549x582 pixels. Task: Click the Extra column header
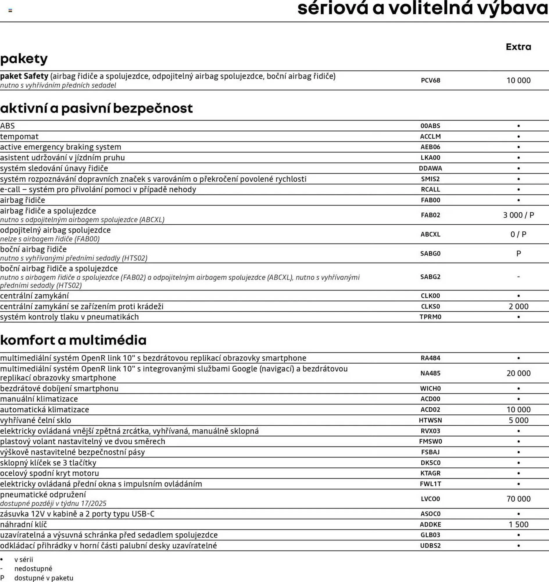coord(518,47)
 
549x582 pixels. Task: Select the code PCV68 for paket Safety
coord(430,80)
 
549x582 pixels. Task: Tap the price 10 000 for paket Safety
coord(518,80)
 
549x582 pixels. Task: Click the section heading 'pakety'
coord(24,59)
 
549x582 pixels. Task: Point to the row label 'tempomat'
coord(19,136)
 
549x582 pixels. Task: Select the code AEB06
coord(430,147)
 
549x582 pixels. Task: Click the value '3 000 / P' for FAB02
coord(518,215)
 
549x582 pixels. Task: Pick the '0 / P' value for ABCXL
coord(518,235)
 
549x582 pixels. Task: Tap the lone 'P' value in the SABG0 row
coord(518,253)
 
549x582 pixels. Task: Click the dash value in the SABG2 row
coord(518,277)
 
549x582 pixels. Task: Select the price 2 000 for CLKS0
coord(518,306)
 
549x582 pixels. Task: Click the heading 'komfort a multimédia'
coord(73,340)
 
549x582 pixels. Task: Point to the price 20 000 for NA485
coord(518,373)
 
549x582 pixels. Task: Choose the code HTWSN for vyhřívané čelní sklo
coord(430,420)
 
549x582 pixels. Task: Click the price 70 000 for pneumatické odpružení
coord(518,499)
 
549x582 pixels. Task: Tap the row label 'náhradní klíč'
coord(24,525)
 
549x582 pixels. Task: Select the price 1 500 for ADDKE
coord(518,525)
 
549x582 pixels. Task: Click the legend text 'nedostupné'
coord(33,569)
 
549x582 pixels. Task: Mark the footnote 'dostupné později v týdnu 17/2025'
coord(53,503)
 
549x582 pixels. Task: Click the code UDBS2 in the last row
coord(430,546)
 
